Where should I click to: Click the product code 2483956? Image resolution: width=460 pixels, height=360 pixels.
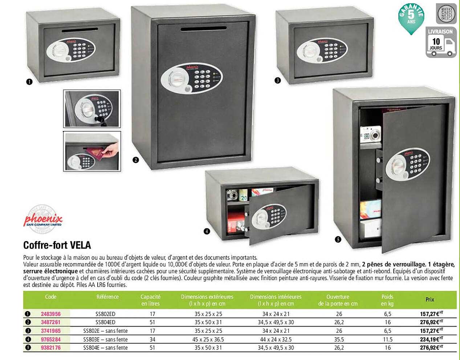[x=50, y=314]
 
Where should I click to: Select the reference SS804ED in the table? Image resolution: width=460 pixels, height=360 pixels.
[x=105, y=322]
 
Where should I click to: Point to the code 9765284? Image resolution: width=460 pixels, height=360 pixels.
[x=50, y=339]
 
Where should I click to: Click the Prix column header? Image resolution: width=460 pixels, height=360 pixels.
[x=430, y=300]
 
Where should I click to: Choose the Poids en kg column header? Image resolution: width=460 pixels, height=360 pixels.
[x=387, y=300]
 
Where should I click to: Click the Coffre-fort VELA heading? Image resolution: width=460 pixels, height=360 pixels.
[x=57, y=245]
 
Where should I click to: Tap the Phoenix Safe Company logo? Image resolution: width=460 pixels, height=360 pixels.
[x=43, y=218]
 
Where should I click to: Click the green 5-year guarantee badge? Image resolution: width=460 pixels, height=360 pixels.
[x=411, y=18]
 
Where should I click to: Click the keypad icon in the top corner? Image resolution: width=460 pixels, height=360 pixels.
[x=446, y=14]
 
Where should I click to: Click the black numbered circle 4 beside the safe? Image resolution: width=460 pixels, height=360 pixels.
[x=207, y=231]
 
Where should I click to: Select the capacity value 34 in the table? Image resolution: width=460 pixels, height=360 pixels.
[x=152, y=339]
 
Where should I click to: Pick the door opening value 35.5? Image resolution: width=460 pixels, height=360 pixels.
[x=339, y=339]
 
